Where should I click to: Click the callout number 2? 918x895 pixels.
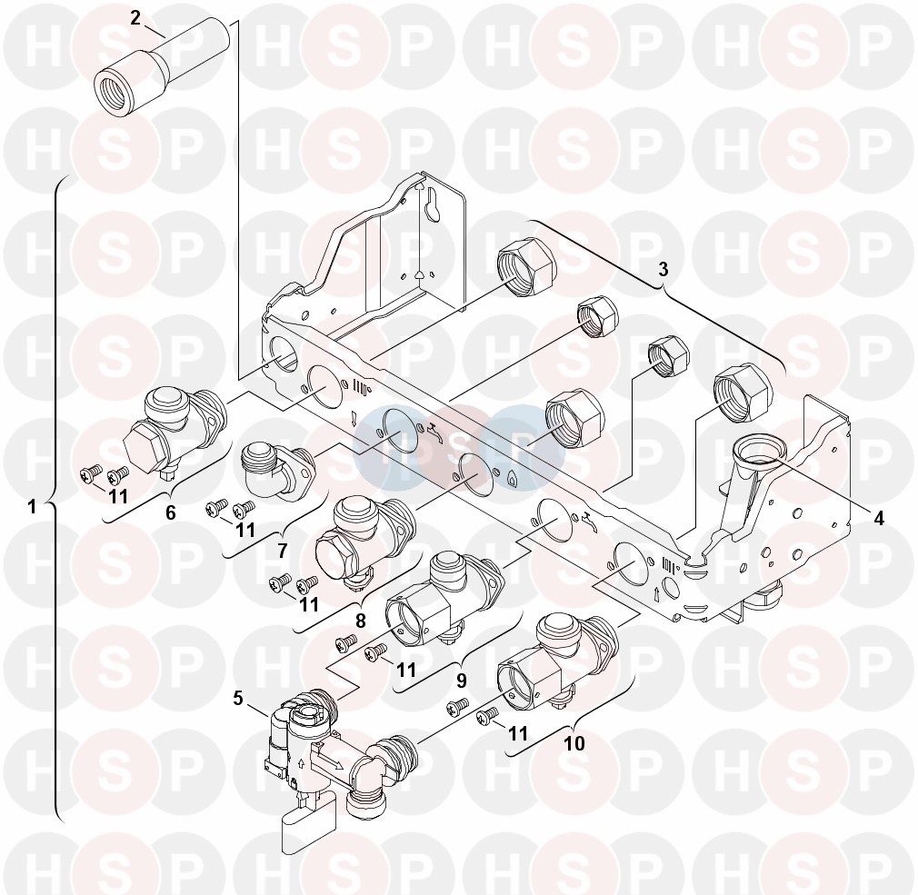point(135,18)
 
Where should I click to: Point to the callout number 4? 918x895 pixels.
point(878,517)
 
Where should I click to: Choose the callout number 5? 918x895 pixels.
point(238,698)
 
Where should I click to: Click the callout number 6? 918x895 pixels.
point(170,512)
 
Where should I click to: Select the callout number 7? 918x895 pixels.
point(282,551)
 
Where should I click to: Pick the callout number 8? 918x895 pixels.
point(360,620)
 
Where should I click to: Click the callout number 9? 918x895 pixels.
point(462,681)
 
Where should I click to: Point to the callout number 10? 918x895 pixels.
point(574,743)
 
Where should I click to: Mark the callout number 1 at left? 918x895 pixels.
point(32,506)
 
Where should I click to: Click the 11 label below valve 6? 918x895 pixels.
point(118,496)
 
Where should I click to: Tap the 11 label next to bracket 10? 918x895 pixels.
point(517,733)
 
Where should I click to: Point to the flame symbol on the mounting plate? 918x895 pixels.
point(512,479)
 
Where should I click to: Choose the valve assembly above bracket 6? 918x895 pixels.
point(175,433)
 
